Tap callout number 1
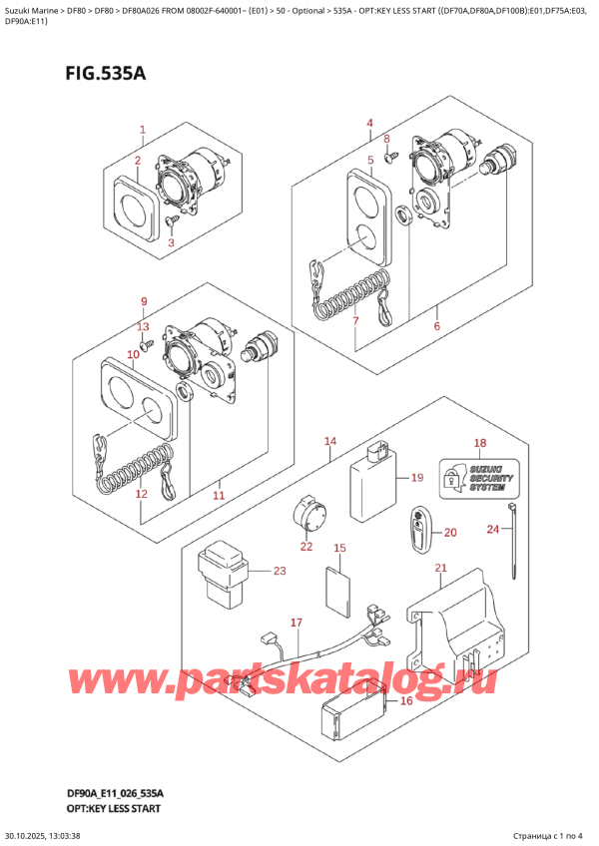143,130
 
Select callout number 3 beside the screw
171,242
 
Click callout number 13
144,326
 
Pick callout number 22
305,547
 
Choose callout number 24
492,529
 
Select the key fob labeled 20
418,530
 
